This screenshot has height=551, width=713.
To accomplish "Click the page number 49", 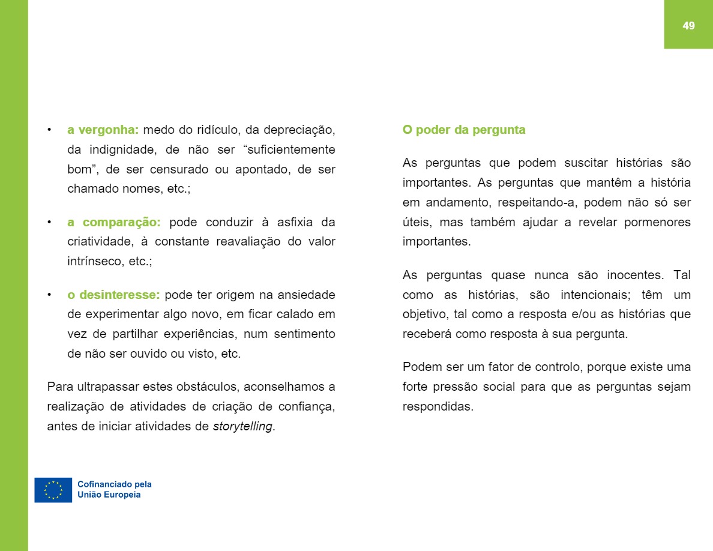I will click(x=688, y=25).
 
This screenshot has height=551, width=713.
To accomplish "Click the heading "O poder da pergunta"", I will click(x=463, y=130).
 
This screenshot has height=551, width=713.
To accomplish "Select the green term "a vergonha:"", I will click(x=103, y=130).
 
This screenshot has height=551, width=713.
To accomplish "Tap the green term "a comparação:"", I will click(x=114, y=222).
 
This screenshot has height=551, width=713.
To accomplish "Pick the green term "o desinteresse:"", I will click(x=113, y=295).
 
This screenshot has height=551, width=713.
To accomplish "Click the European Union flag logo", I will click(x=53, y=490).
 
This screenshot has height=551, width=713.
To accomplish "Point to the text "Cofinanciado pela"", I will click(x=115, y=484).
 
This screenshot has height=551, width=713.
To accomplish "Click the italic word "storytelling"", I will click(x=242, y=427).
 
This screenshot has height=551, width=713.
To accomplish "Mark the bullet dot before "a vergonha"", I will click(x=49, y=130).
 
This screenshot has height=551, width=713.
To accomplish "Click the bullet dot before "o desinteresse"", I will click(x=49, y=295).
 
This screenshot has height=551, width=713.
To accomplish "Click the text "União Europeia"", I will click(x=109, y=495).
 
